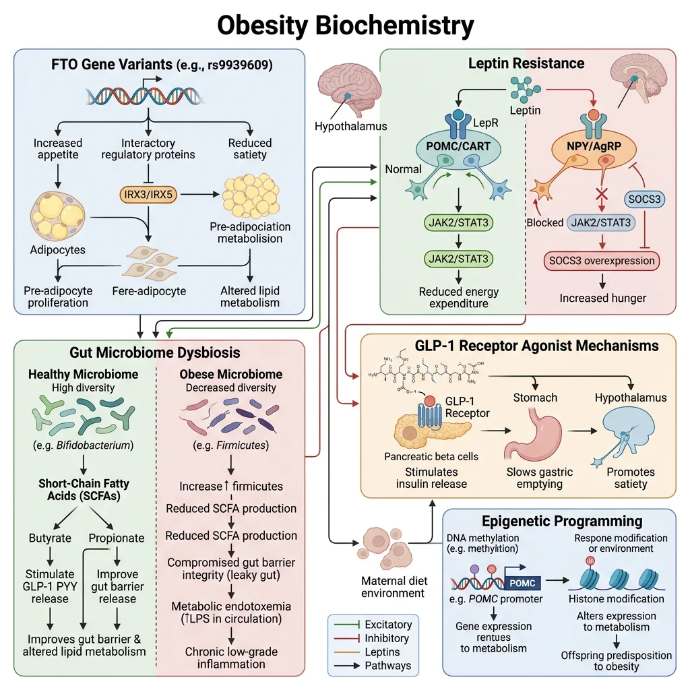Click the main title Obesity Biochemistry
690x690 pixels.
345,25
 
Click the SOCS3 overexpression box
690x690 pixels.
600,260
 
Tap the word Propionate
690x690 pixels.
117,538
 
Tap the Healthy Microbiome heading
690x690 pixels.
83,374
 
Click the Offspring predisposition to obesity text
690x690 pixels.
616,661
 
